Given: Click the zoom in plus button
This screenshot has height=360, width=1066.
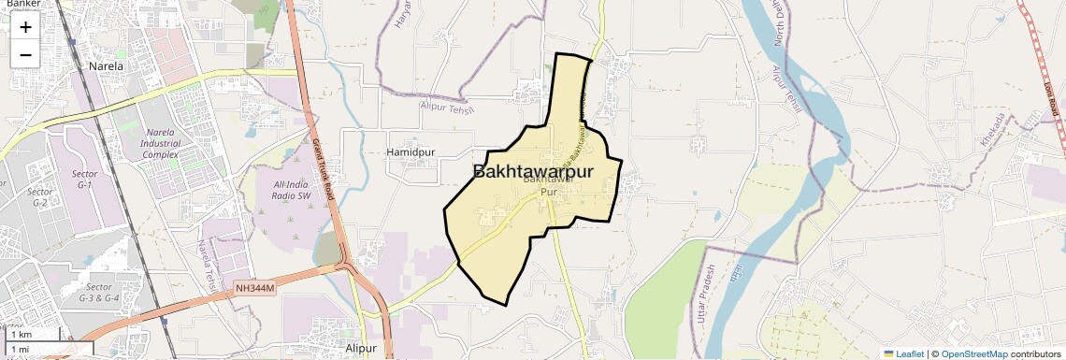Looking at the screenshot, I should pyautogui.click(x=25, y=27).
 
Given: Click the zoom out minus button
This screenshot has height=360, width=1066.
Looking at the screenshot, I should pyautogui.click(x=25, y=55).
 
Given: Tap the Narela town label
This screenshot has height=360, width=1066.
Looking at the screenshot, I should pyautogui.click(x=106, y=66).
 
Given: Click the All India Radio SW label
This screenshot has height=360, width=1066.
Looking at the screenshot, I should pyautogui.click(x=291, y=191).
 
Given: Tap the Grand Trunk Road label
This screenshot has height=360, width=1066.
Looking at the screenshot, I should pyautogui.click(x=323, y=164).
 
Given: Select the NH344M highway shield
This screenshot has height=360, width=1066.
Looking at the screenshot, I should pyautogui.click(x=255, y=289).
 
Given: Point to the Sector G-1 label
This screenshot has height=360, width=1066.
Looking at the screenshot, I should pyautogui.click(x=85, y=180).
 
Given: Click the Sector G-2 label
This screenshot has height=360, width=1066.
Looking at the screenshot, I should pyautogui.click(x=39, y=196).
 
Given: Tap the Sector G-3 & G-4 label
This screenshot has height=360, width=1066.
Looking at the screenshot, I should pyautogui.click(x=98, y=292).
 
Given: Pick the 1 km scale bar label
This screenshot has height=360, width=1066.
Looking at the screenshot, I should pyautogui.click(x=21, y=334).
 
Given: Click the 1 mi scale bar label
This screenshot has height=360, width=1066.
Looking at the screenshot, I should pyautogui.click(x=21, y=349).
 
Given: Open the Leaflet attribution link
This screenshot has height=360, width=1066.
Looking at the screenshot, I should pyautogui.click(x=904, y=354).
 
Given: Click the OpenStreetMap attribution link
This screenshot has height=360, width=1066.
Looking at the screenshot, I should pyautogui.click(x=973, y=354).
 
